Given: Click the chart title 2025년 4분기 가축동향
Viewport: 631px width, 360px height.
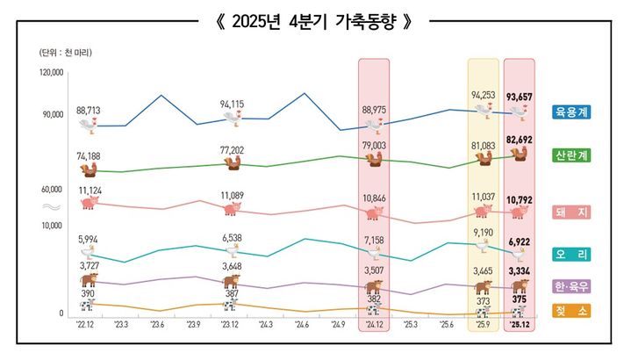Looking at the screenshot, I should [315, 22].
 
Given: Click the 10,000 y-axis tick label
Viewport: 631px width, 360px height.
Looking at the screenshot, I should [51, 226].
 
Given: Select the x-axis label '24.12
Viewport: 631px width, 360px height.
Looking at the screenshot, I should [374, 325].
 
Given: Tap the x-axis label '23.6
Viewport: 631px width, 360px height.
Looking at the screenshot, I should [157, 325].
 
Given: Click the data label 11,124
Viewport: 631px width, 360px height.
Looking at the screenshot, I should [90, 190].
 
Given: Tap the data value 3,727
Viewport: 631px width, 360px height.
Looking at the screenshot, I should [88, 266].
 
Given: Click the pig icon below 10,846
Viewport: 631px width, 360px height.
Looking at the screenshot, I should [374, 213].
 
